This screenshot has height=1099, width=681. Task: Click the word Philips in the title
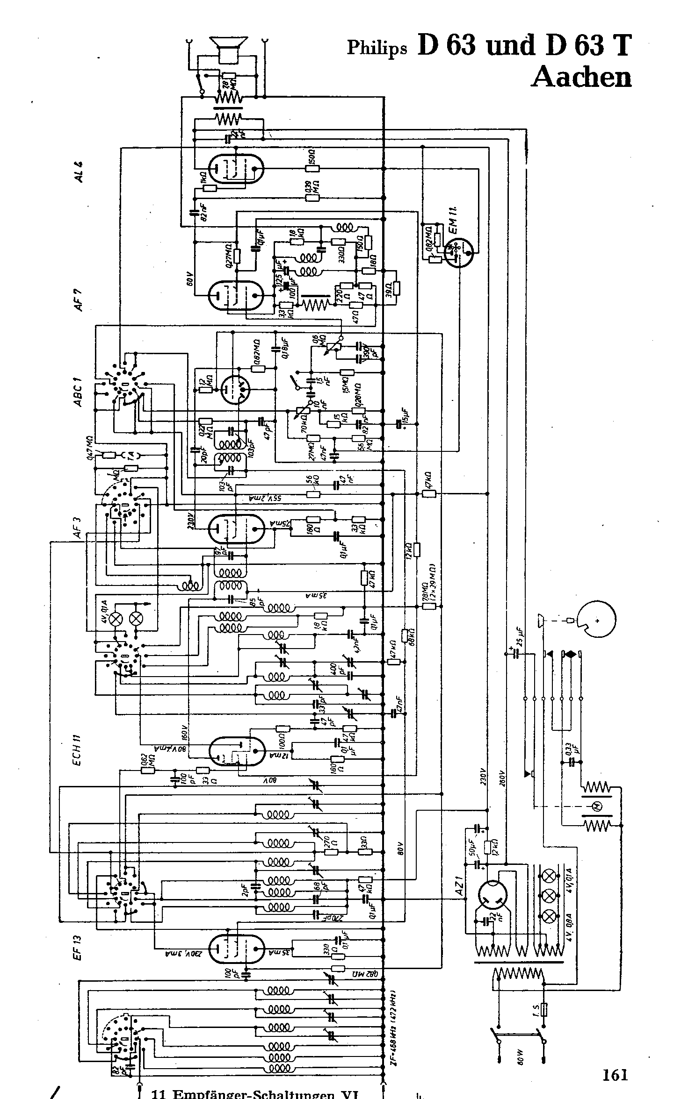(377, 48)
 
